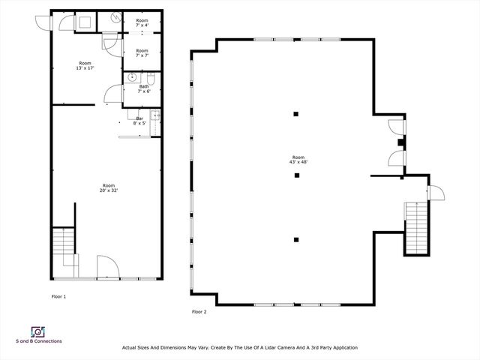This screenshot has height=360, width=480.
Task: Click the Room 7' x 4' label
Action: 142,23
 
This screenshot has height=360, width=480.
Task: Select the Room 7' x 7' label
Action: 142,53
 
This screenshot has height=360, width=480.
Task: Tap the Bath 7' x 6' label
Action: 144,88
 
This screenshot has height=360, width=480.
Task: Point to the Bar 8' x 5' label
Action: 139,119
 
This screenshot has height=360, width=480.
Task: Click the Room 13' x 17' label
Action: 85,66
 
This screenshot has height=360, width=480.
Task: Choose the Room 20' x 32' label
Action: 109,187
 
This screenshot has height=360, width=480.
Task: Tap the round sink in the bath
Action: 132,76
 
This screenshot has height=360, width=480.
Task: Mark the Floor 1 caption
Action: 58,297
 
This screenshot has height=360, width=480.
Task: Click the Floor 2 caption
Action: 199,311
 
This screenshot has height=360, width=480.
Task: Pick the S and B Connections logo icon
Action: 37,331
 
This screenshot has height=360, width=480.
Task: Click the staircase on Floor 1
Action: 64,244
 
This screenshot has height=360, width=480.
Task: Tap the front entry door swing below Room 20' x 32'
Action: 106,265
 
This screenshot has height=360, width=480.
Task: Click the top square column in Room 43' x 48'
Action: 296,114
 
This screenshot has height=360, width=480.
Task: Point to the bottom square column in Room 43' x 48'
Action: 296,239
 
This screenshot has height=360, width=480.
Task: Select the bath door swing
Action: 112,93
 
